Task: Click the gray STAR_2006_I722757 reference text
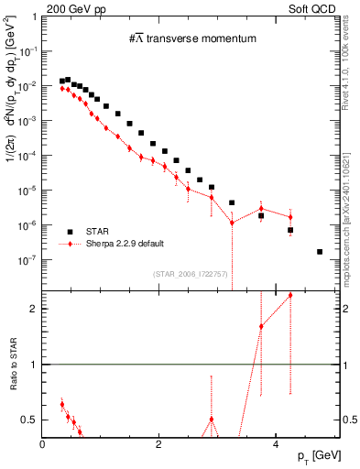[189, 273]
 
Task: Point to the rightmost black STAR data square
[320, 251]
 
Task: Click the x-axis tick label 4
[276, 445]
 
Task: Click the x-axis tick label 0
[43, 445]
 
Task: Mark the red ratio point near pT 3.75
[261, 326]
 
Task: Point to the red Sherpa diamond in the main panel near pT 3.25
[232, 223]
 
